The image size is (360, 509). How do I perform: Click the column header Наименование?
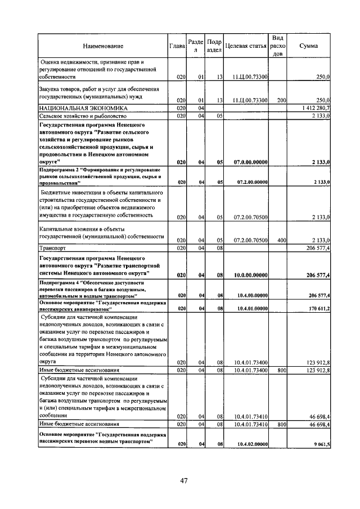[x=103, y=46]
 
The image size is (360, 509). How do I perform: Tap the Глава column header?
[x=178, y=46]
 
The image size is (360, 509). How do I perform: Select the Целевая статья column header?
[x=245, y=46]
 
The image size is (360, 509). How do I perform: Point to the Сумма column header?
[x=308, y=46]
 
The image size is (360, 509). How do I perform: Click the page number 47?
[x=184, y=480]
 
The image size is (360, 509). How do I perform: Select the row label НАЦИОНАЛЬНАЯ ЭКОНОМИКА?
[x=83, y=107]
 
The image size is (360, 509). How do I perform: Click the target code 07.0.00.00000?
[x=250, y=162]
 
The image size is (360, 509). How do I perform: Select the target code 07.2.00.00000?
[x=250, y=182]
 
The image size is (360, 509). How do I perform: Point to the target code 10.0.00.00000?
[x=250, y=274]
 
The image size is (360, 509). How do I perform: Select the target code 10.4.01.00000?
[x=250, y=308]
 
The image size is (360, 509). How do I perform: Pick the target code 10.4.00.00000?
[x=250, y=295]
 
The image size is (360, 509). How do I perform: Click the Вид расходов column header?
[x=278, y=46]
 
